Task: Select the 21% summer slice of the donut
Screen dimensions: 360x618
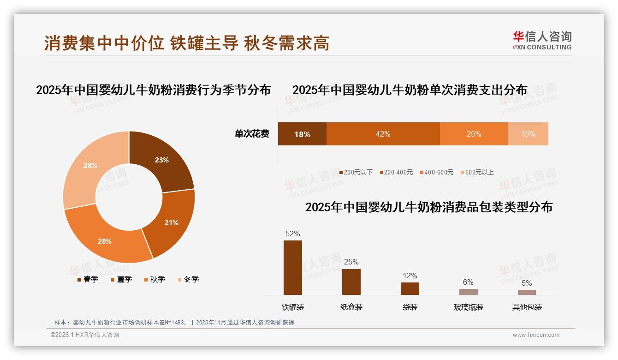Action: (x=171, y=222)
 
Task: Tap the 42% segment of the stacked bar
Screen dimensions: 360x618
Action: (x=383, y=134)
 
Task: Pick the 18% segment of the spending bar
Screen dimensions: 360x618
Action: (x=302, y=134)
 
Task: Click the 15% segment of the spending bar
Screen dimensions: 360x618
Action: (x=528, y=134)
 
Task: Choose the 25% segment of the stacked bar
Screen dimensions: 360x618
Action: (x=474, y=134)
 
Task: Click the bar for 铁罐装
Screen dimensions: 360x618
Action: (x=292, y=268)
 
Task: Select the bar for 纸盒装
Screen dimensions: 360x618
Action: (x=351, y=282)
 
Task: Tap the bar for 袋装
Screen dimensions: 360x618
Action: (x=410, y=288)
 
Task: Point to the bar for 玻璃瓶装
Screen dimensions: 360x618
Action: (x=468, y=292)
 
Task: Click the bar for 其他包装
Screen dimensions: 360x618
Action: (x=527, y=292)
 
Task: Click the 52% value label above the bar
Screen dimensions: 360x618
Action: (x=292, y=234)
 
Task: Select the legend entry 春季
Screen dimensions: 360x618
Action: (x=87, y=279)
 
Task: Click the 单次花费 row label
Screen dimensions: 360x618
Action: (x=252, y=134)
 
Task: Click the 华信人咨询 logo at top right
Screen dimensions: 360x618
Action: (x=542, y=40)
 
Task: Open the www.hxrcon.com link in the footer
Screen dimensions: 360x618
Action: (x=536, y=335)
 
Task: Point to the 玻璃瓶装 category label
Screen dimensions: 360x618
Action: (x=468, y=307)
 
